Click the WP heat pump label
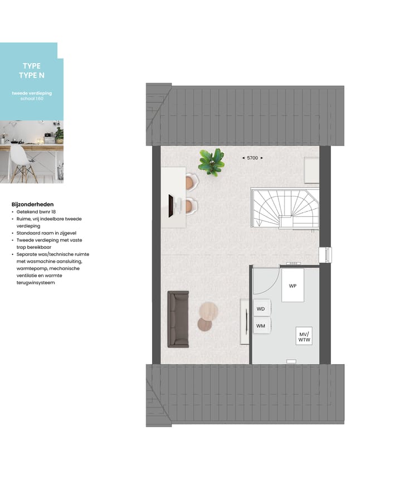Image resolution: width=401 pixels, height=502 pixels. tap(292, 286)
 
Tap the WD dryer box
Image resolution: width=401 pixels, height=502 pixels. tap(261, 308)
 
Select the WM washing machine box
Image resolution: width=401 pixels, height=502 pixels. tap(261, 325)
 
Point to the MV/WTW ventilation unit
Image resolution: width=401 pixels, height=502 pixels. tap(304, 336)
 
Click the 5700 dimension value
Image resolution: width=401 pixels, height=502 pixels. tap(252, 158)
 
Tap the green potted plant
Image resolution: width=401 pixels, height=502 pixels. tap(212, 162)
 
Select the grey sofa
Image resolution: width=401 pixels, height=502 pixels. tap(178, 318)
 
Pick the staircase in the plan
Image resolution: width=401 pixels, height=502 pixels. tap(285, 207)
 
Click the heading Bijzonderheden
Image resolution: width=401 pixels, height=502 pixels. tap(32, 204)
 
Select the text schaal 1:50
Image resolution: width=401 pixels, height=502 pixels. tap(32, 98)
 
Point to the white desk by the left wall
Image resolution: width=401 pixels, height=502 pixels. tap(173, 197)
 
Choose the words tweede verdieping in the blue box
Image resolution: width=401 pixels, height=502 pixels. tap(32, 93)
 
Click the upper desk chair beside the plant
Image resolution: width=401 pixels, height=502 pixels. tap(192, 181)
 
